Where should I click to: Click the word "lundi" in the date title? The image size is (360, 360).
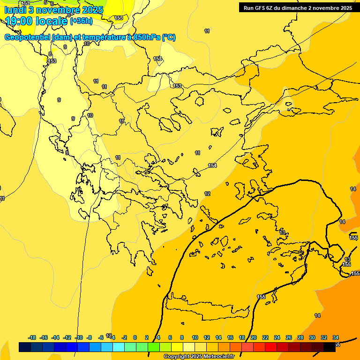tap(15, 9)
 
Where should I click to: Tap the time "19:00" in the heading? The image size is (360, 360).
tap(20, 21)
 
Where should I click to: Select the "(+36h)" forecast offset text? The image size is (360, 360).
tap(81, 21)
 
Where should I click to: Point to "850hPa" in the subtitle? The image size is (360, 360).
tap(146, 37)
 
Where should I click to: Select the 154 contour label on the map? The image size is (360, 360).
tap(212, 165)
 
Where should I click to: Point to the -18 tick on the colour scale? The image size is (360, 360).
tap(32, 337)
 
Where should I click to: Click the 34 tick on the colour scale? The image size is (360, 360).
tap(336, 337)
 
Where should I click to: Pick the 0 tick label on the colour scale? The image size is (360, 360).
tap(135, 337)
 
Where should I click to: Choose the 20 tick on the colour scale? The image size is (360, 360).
tap(254, 337)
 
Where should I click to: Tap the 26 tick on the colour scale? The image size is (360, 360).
tap(289, 337)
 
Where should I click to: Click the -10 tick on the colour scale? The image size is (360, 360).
tap(79, 337)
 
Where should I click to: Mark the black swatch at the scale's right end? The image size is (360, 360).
tap(330, 347)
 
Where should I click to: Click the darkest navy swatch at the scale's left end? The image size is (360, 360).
tap(25, 347)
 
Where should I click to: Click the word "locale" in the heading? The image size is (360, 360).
tap(51, 21)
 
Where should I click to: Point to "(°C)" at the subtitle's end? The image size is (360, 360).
tap(169, 37)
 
